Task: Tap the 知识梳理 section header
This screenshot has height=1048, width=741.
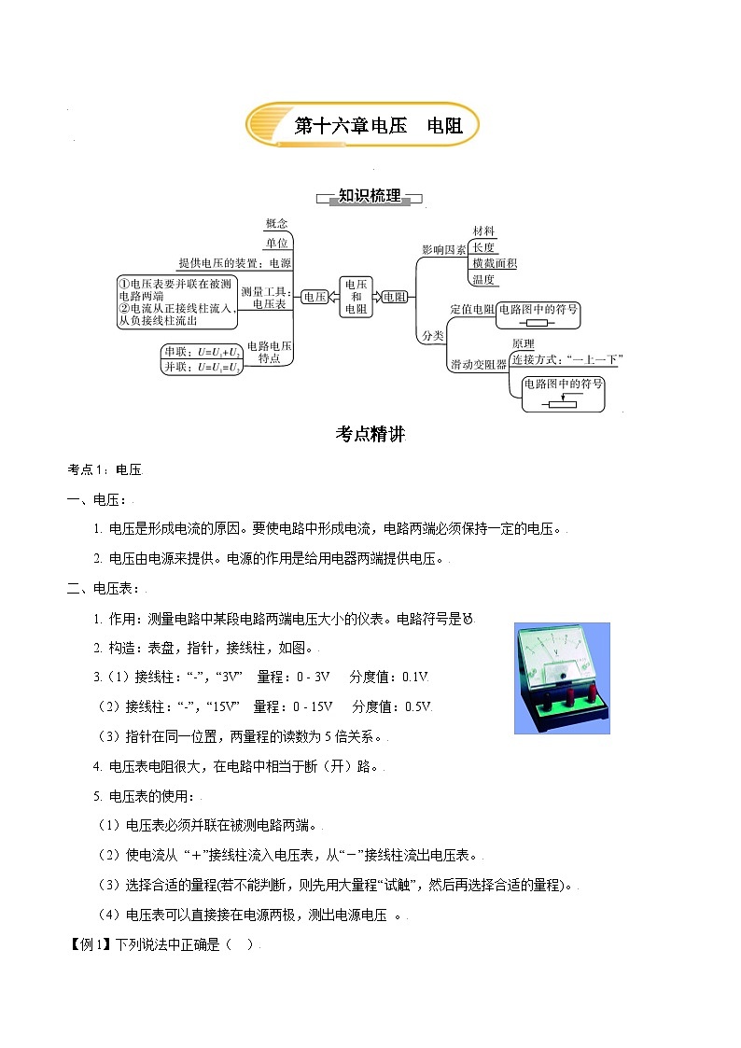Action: [x=370, y=196]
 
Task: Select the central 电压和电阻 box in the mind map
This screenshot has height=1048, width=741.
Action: [x=356, y=296]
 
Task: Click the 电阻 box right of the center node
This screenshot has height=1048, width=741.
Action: [x=396, y=297]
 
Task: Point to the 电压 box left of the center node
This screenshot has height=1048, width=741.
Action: [x=315, y=297]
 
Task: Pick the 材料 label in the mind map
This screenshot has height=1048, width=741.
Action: [x=483, y=231]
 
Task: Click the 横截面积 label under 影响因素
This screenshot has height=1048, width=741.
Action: [x=495, y=263]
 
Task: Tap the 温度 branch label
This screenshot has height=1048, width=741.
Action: [x=483, y=279]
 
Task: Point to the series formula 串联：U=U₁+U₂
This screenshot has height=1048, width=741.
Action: [x=203, y=352]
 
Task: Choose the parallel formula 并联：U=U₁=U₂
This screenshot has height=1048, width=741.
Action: [x=203, y=368]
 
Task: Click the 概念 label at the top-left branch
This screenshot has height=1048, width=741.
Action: [x=276, y=223]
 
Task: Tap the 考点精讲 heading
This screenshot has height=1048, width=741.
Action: [x=370, y=434]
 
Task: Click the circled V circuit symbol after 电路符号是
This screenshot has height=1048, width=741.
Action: [x=468, y=619]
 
